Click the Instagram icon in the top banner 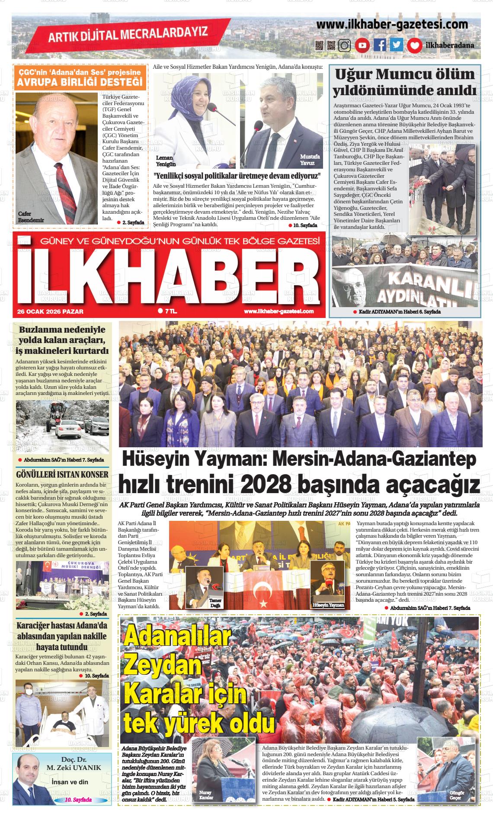(345, 45)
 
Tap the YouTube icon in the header (362, 45)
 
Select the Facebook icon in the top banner (380, 45)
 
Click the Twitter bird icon (397, 45)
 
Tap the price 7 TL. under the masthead (168, 311)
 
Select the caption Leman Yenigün (166, 161)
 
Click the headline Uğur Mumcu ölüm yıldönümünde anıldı (405, 82)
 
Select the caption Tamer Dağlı (215, 603)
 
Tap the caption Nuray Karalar (206, 795)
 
